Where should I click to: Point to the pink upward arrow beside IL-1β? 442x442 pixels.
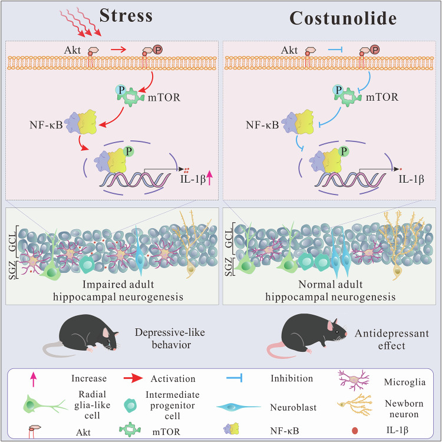click(x=207, y=174)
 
